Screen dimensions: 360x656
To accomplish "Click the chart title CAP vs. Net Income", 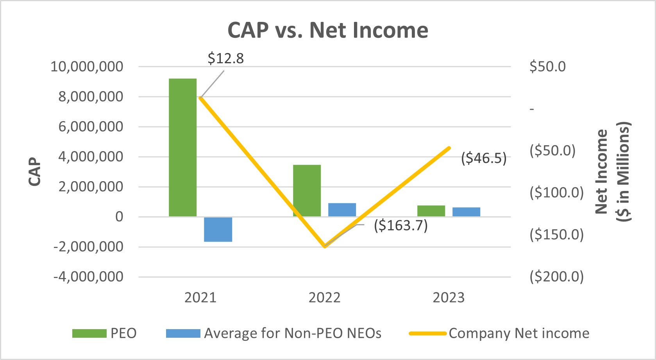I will (327, 30).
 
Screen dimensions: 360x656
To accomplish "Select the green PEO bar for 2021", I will (182, 148).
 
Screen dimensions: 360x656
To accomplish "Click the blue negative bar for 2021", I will (218, 229).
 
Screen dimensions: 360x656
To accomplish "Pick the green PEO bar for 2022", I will (307, 191).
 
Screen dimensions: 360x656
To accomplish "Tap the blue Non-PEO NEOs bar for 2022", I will (342, 210).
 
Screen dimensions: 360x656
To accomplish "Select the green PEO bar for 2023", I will (431, 211).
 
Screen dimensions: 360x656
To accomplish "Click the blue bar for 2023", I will (466, 212).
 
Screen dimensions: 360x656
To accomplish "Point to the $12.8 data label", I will (225, 59).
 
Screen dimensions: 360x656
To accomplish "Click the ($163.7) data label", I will (400, 225).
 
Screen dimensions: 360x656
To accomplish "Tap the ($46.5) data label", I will (483, 158).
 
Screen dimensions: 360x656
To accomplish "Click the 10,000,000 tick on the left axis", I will (87, 66).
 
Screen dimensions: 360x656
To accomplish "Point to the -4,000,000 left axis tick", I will (88, 277).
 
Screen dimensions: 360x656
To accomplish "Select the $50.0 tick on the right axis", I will (547, 66).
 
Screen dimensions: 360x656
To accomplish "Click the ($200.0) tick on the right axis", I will (556, 276).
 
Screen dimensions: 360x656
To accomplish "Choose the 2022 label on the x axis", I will (324, 298).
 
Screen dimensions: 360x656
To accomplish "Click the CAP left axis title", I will (35, 172).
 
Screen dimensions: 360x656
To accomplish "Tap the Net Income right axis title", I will (612, 172).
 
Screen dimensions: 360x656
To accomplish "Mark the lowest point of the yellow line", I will (324, 246).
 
